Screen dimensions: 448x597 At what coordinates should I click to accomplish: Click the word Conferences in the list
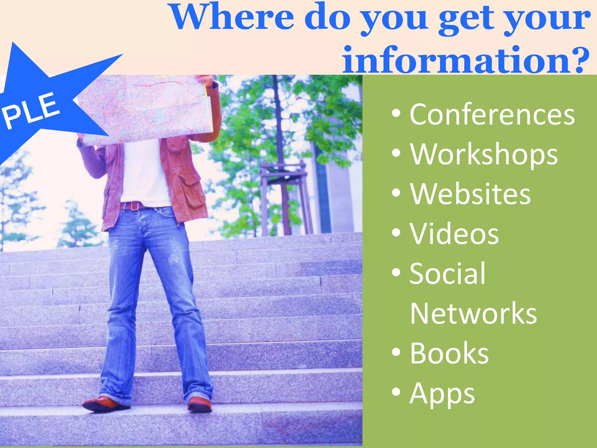pos(492,114)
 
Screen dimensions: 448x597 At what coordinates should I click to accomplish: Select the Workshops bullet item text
pos(484,155)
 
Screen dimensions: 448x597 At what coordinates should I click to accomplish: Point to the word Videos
pos(454,234)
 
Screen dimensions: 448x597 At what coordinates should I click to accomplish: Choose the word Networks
pos(473,314)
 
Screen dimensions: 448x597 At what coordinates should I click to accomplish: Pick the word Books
pos(449,353)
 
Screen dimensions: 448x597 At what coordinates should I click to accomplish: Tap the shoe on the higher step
pos(200,404)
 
